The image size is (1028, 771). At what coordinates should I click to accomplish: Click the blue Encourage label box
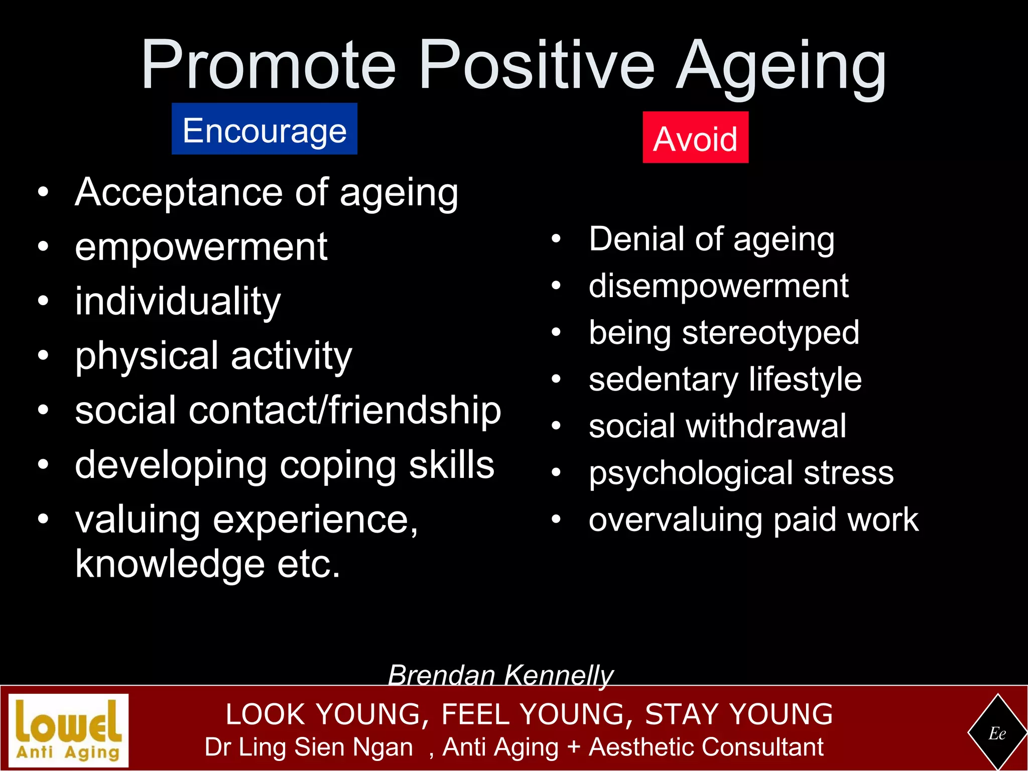point(264,129)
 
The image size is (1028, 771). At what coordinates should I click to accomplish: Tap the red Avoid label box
point(695,138)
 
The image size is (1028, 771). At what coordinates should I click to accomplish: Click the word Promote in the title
point(269,65)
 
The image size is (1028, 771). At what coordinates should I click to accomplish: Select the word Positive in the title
point(536,65)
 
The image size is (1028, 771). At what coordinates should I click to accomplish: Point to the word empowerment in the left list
point(201,247)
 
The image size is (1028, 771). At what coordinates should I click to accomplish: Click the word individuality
point(178,302)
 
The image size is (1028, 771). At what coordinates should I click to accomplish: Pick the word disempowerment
point(718,287)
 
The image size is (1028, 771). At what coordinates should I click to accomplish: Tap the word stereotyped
point(770,333)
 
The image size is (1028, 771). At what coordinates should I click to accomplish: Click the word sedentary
point(663,379)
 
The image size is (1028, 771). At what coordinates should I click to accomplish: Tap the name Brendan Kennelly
point(500,675)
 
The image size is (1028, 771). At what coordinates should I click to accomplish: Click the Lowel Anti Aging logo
point(69,730)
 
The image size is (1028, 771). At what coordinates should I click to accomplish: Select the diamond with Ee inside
point(997,733)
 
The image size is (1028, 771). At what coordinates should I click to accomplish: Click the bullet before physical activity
point(44,355)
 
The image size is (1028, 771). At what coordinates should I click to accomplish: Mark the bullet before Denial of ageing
point(556,239)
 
